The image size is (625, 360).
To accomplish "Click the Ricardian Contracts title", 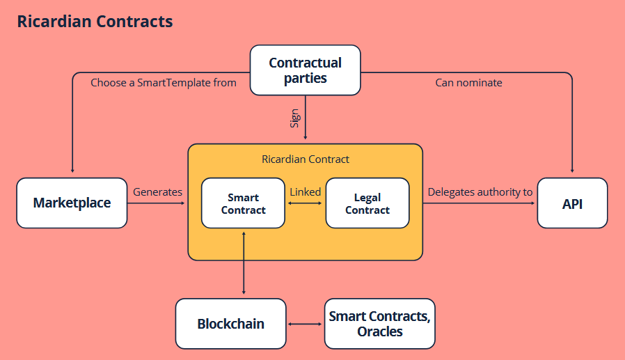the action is (x=95, y=22).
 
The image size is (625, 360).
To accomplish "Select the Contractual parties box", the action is (x=306, y=70).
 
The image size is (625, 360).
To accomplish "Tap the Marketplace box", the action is (x=72, y=203).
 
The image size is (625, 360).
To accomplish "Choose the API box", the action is (x=572, y=203).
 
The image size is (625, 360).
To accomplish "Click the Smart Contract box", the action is (x=243, y=203).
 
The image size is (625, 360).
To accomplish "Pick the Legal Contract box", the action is (x=367, y=203).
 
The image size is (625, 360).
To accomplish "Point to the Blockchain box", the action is (x=231, y=324).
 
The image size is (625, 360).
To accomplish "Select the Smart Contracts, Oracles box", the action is (x=380, y=324).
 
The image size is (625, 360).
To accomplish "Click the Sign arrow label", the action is (x=294, y=118).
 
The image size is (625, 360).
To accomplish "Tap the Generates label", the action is (x=157, y=192).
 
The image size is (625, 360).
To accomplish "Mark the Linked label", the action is (x=306, y=192).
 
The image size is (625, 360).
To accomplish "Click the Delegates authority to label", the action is (x=480, y=192).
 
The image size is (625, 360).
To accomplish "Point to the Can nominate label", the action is (x=469, y=83).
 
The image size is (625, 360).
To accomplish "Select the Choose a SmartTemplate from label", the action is (x=164, y=83).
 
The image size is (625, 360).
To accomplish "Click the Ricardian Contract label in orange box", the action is (x=306, y=159).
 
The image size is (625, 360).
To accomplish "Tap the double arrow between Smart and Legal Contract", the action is (x=305, y=203).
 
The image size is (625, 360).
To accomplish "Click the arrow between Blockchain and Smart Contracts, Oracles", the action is (x=305, y=324).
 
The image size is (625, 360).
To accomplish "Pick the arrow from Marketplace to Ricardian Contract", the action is (x=156, y=203).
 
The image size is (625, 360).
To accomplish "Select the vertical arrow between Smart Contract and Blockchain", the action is (x=244, y=263).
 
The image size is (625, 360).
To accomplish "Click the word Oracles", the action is (x=380, y=331).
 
